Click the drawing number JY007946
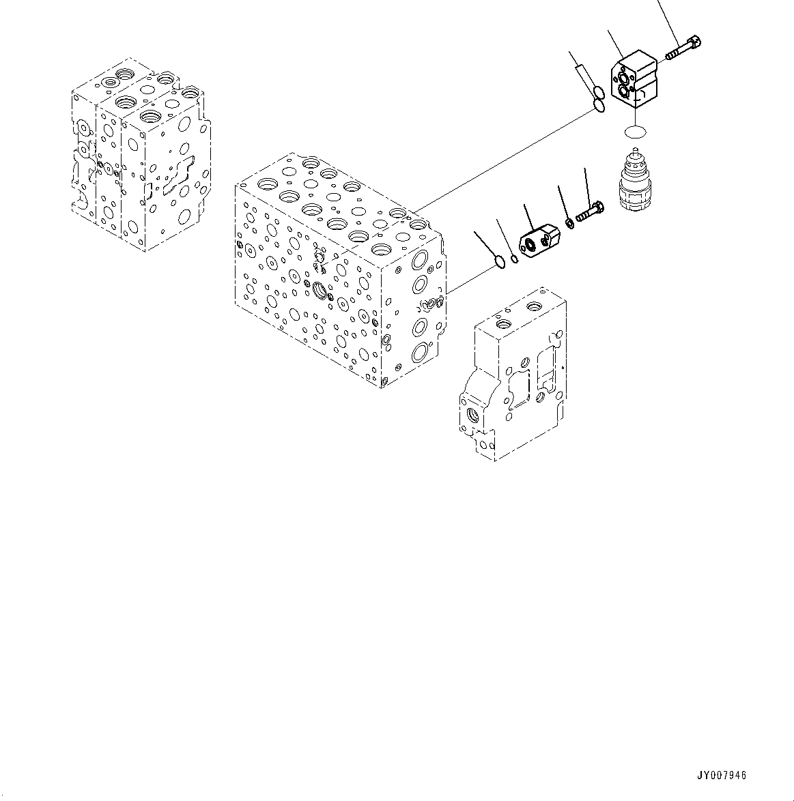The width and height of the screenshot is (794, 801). [x=722, y=776]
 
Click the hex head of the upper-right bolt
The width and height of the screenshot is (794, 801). [x=695, y=42]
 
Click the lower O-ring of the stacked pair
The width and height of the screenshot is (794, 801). [x=599, y=105]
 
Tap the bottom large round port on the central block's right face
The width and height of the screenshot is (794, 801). [x=419, y=353]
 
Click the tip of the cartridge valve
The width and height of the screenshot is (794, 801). [x=636, y=156]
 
